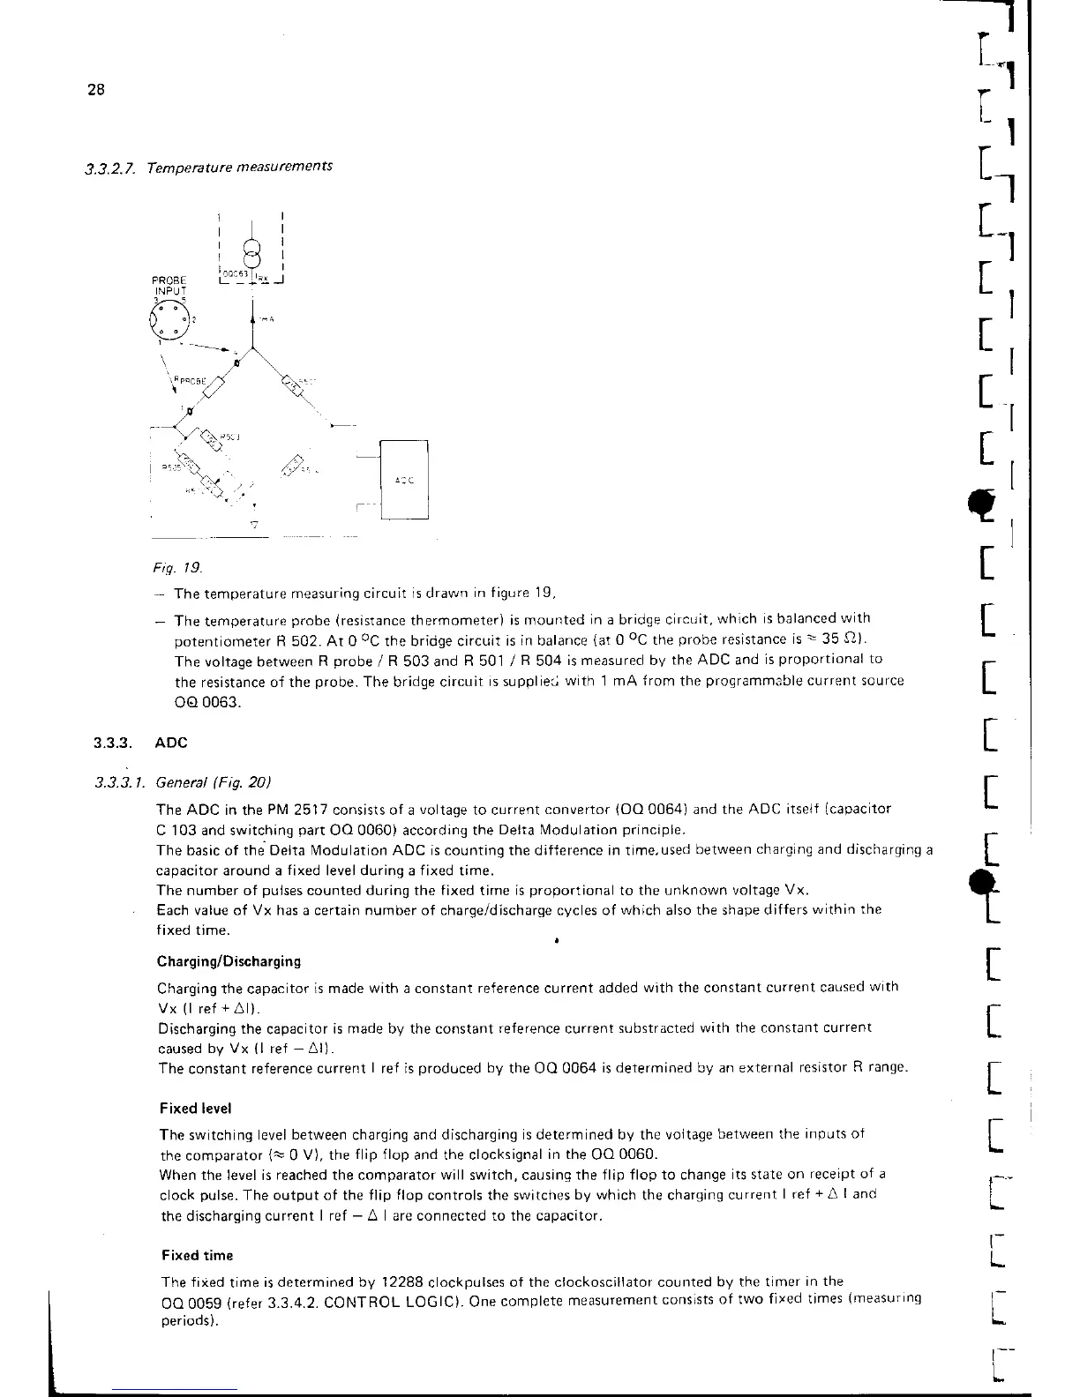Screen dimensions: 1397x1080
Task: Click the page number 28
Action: [x=96, y=89]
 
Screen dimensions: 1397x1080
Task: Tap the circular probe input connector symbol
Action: [x=169, y=318]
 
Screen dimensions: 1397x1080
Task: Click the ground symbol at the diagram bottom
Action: [x=254, y=525]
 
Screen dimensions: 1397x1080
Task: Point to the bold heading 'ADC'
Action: [x=171, y=743]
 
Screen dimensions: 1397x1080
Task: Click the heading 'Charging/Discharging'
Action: [x=229, y=960]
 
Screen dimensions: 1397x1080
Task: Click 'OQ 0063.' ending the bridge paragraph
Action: [x=206, y=702]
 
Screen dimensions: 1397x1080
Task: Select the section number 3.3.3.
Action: [x=111, y=743]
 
